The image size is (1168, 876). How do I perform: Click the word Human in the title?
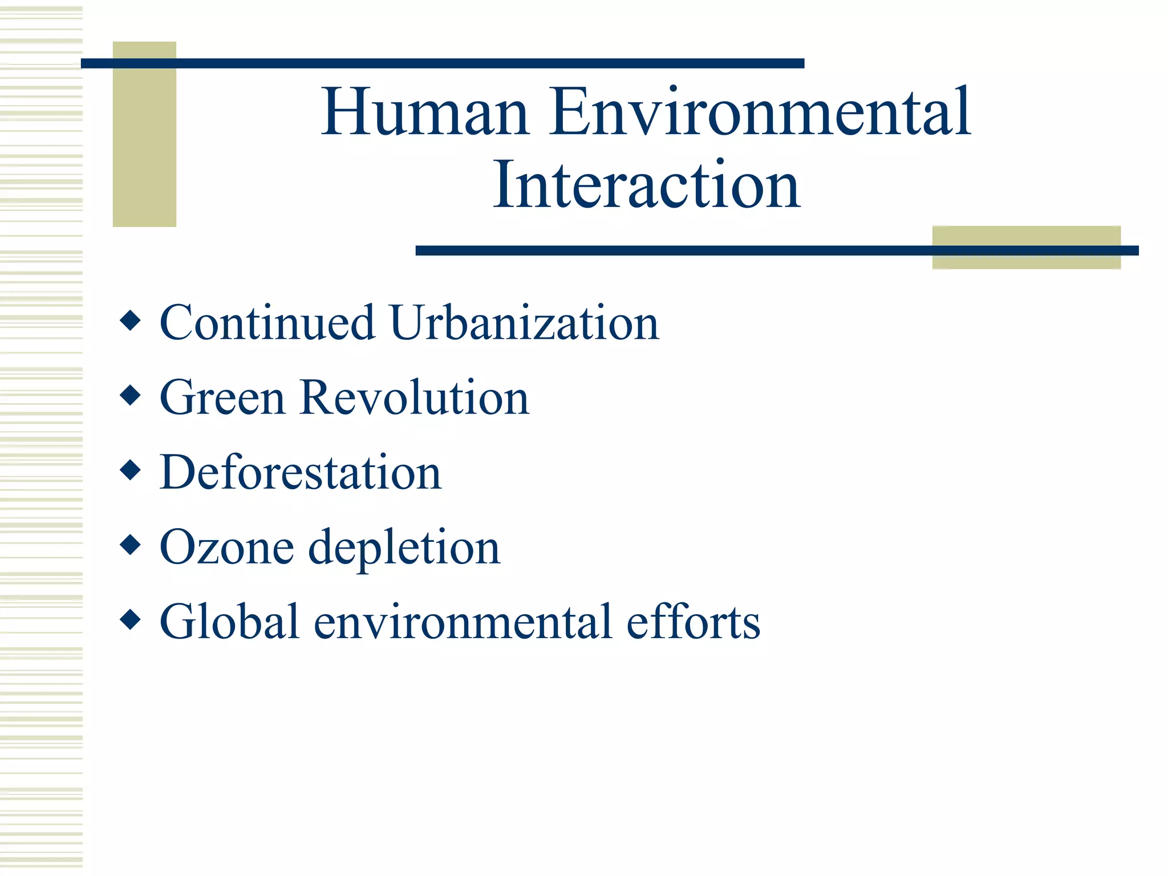425,112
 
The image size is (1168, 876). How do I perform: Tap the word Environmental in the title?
760,112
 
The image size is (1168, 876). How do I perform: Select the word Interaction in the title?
647,185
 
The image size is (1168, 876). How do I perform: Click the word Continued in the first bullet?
267,323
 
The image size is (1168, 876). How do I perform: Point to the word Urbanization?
524,323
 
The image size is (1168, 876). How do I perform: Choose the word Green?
222,398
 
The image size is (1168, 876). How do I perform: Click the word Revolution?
415,398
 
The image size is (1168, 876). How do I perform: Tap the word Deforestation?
301,472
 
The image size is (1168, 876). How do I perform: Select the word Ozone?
227,547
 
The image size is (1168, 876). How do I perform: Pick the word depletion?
404,548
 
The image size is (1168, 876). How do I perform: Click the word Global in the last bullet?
229,622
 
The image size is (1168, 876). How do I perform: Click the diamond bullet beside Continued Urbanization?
131,321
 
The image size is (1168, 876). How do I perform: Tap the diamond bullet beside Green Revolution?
131,395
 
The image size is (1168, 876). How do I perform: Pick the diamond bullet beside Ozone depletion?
131,545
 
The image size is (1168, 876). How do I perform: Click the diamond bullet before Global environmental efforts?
131,619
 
